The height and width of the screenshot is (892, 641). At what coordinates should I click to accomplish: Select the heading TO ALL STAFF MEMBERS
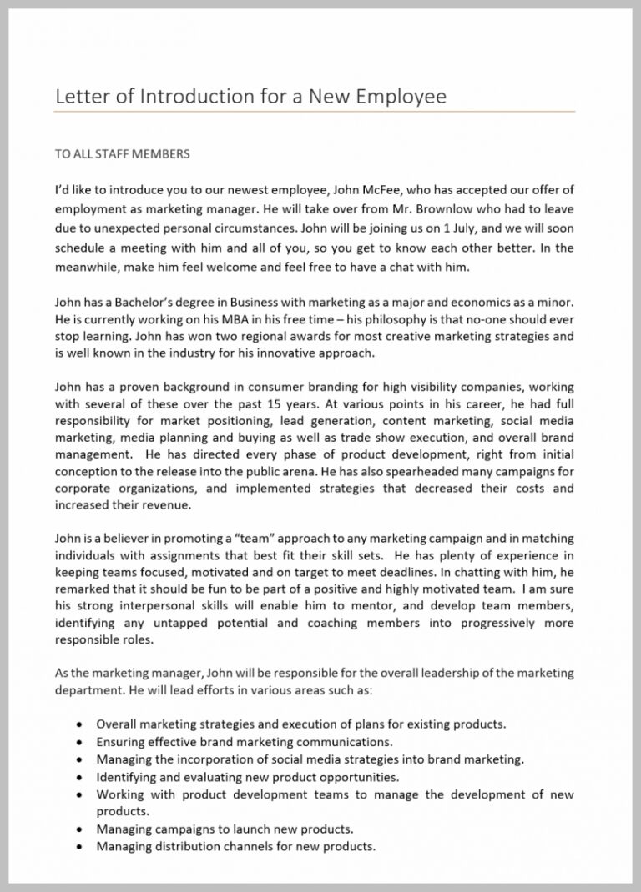[x=123, y=153]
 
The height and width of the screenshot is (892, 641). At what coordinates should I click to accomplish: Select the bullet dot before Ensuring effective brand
[x=78, y=742]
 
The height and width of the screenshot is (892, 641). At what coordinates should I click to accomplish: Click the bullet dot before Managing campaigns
[x=78, y=829]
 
